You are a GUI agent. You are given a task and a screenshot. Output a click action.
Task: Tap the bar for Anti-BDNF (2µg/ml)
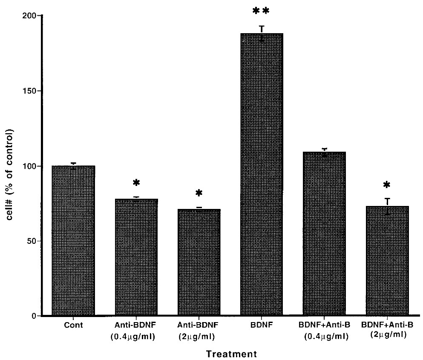[199, 262]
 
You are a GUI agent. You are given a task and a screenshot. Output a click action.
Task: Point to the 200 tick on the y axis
[32, 16]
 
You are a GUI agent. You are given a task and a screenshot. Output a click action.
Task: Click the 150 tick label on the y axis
[32, 91]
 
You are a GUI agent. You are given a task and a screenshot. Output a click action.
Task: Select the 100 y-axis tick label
[32, 166]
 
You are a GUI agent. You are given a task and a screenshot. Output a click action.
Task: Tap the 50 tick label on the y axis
[34, 241]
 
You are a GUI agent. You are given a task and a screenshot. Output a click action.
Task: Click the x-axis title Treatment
[232, 354]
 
